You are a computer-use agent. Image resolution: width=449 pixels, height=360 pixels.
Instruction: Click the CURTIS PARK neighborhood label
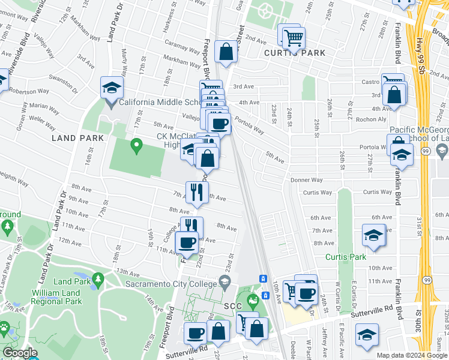coord(295,53)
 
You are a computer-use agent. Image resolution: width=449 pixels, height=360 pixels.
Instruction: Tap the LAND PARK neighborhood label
coord(73,138)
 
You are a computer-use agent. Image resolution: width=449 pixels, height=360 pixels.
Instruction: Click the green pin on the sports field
coord(136,145)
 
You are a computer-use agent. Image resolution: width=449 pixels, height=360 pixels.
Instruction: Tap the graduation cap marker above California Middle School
coord(112,88)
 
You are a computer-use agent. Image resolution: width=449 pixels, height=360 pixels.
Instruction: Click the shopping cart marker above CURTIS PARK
coord(293,38)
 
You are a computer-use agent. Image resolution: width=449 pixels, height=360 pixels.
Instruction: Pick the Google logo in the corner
coord(20,353)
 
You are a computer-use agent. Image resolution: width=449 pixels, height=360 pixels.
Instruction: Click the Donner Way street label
coord(306,180)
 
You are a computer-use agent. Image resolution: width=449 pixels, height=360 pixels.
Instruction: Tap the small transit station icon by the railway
coord(262,278)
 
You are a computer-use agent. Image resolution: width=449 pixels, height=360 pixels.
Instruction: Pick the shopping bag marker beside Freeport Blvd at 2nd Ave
coord(226,52)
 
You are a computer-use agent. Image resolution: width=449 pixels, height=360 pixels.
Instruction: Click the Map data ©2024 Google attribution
coord(412,355)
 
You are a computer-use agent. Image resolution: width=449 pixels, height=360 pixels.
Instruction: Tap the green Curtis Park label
coord(346,257)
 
